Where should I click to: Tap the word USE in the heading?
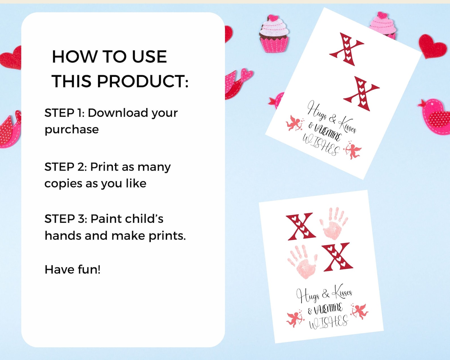point(149,56)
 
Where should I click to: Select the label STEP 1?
point(65,113)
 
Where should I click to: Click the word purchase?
point(72,130)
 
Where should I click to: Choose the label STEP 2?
point(65,167)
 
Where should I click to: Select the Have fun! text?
point(73,270)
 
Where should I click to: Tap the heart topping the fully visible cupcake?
point(273,18)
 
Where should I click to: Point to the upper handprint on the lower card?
point(334,224)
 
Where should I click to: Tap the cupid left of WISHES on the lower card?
point(295,319)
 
